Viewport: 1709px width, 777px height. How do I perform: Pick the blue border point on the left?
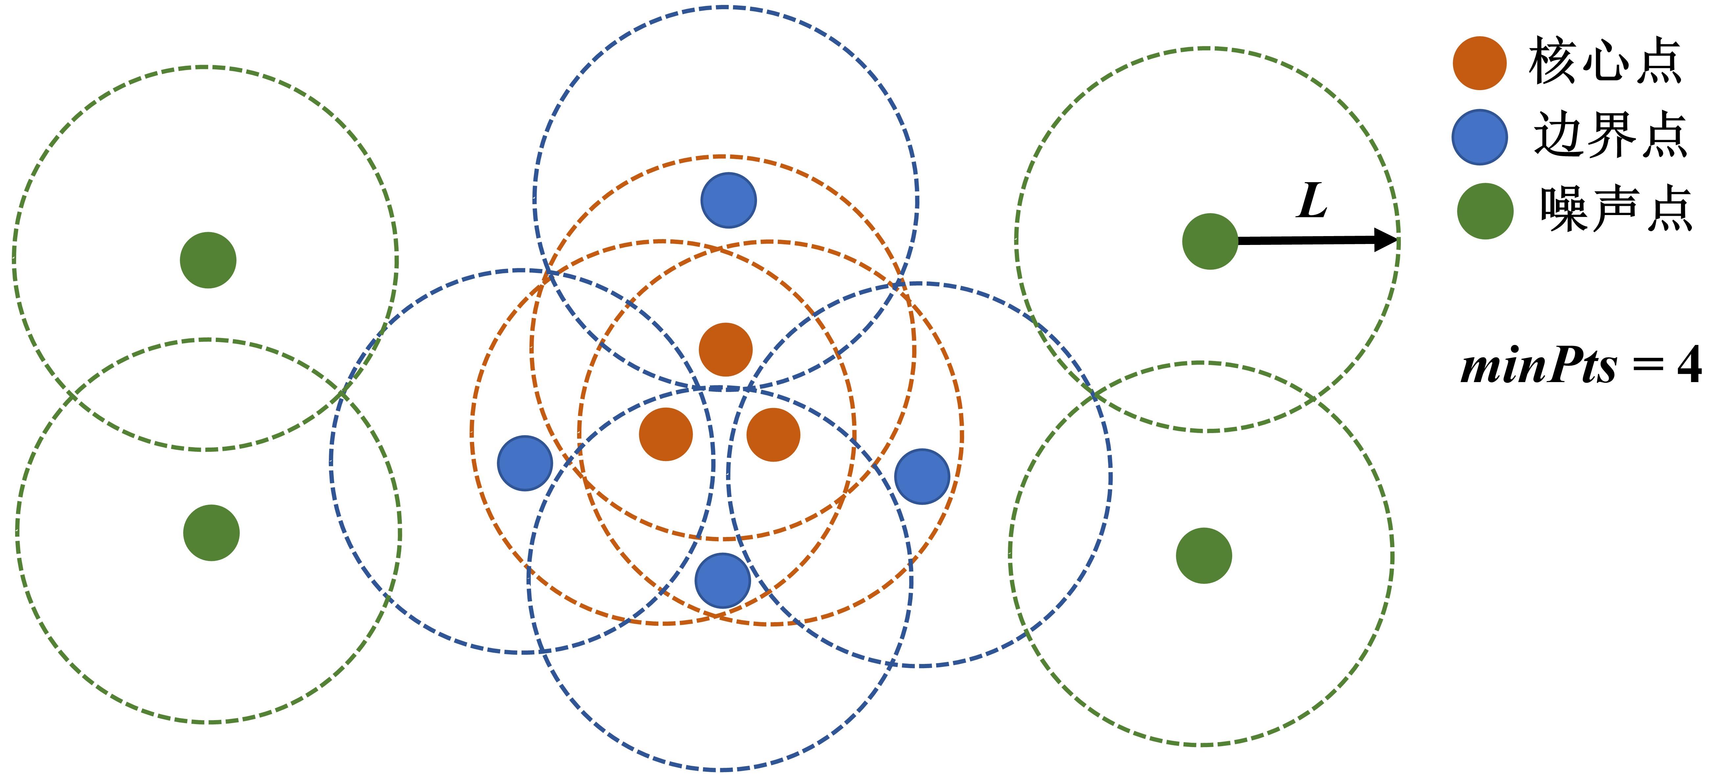click(x=525, y=463)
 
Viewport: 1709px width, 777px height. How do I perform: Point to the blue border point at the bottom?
click(x=722, y=580)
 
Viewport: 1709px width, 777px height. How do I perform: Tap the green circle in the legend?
click(x=1485, y=211)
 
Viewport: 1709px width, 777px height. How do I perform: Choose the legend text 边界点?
click(x=1610, y=135)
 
